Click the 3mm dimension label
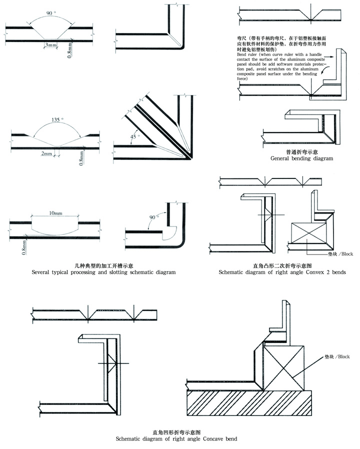pyautogui.click(x=50, y=45)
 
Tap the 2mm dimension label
pyautogui.click(x=48, y=154)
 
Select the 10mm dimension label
pyautogui.click(x=55, y=213)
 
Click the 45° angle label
pyautogui.click(x=134, y=135)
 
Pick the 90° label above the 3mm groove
pyautogui.click(x=50, y=11)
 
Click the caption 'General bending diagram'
pyautogui.click(x=301, y=158)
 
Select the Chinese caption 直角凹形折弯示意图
pyautogui.click(x=176, y=431)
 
